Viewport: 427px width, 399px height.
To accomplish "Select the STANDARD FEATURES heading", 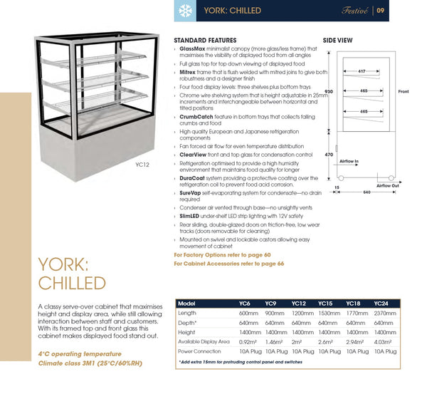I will tap(206, 41).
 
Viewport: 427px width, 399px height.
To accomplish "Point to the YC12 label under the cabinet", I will tap(141, 165).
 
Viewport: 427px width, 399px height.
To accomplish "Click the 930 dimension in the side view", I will tap(328, 92).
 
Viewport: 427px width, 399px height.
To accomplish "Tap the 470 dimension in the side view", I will tap(328, 155).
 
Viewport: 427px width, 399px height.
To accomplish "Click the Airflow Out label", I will tap(388, 185).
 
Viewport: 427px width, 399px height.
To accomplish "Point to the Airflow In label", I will tap(349, 162).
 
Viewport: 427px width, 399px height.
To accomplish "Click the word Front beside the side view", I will tap(404, 92).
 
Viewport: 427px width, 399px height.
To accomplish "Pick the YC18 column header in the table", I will tap(353, 303).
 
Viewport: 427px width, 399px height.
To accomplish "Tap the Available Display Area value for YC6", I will tap(248, 341).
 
